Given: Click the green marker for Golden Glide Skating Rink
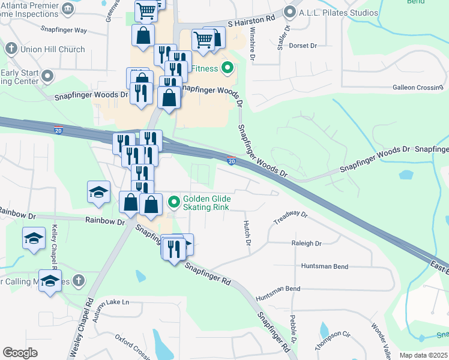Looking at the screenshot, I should pyautogui.click(x=174, y=200).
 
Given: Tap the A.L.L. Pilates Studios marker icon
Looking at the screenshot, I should pyautogui.click(x=290, y=11).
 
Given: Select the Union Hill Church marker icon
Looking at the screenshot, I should pyautogui.click(x=11, y=48).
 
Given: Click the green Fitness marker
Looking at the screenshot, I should pyautogui.click(x=227, y=68).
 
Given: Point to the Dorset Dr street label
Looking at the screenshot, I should pyautogui.click(x=302, y=46).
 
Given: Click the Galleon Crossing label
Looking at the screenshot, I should pyautogui.click(x=417, y=88).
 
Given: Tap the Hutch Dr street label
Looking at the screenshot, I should pyautogui.click(x=246, y=233).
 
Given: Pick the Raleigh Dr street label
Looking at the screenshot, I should pyautogui.click(x=306, y=244).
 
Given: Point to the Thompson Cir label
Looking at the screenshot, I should pyautogui.click(x=333, y=340).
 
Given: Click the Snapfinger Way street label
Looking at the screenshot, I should pyautogui.click(x=64, y=29).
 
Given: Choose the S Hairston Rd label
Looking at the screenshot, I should pyautogui.click(x=251, y=19).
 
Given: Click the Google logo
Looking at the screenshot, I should pyautogui.click(x=20, y=352).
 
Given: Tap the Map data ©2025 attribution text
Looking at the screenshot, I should pyautogui.click(x=423, y=355).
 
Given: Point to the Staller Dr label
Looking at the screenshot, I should pyautogui.click(x=283, y=37).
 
